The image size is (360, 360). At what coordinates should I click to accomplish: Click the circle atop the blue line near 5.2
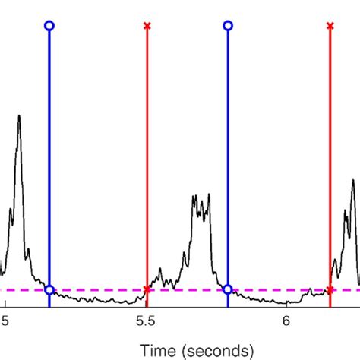[x=49, y=25]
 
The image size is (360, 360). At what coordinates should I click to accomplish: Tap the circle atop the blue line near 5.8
[x=227, y=25]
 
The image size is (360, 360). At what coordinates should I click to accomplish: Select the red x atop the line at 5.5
[x=147, y=26]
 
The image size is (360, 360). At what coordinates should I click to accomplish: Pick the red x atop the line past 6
[x=330, y=26]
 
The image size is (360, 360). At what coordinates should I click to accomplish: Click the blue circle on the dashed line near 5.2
[x=49, y=289]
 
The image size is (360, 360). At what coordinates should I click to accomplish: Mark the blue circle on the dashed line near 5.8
[x=227, y=289]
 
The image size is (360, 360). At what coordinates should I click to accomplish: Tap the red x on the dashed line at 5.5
[x=147, y=289]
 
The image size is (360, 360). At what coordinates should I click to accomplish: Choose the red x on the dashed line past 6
[x=330, y=289]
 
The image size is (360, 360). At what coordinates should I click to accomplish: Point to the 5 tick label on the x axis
[x=6, y=321]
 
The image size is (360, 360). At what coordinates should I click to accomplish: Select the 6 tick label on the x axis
[x=286, y=321]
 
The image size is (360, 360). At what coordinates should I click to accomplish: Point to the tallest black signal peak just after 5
[x=19, y=116]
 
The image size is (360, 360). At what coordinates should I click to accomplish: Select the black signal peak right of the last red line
[x=353, y=182]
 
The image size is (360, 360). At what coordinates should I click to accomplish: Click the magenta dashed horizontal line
[x=99, y=289]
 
